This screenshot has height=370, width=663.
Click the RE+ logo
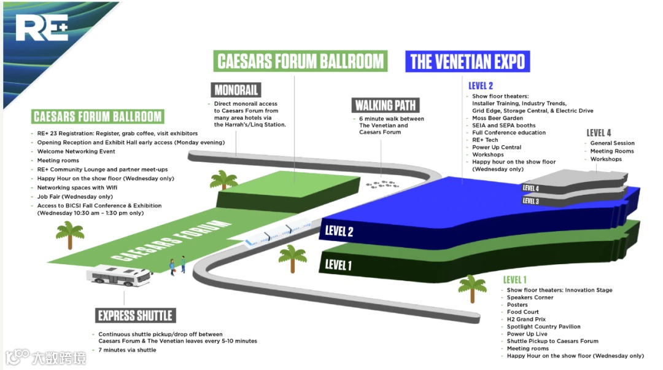coord(42,28)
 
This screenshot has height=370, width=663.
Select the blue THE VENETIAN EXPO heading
coord(467,61)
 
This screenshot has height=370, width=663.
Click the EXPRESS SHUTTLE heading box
coord(136,316)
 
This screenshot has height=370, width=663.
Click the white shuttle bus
coord(120,277)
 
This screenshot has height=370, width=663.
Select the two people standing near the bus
coord(177,264)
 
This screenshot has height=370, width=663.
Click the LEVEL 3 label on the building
coord(531,200)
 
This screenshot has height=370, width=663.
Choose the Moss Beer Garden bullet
coord(497,118)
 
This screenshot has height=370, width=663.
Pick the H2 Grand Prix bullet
coord(526,320)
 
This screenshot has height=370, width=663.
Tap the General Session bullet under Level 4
coord(612,143)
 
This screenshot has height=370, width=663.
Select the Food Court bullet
coord(522,312)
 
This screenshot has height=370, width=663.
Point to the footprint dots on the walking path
coord(382,183)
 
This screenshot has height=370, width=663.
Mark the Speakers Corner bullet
coord(530,297)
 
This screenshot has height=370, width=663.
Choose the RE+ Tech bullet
coord(485,140)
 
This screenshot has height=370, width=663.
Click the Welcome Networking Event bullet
coord(76,151)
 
